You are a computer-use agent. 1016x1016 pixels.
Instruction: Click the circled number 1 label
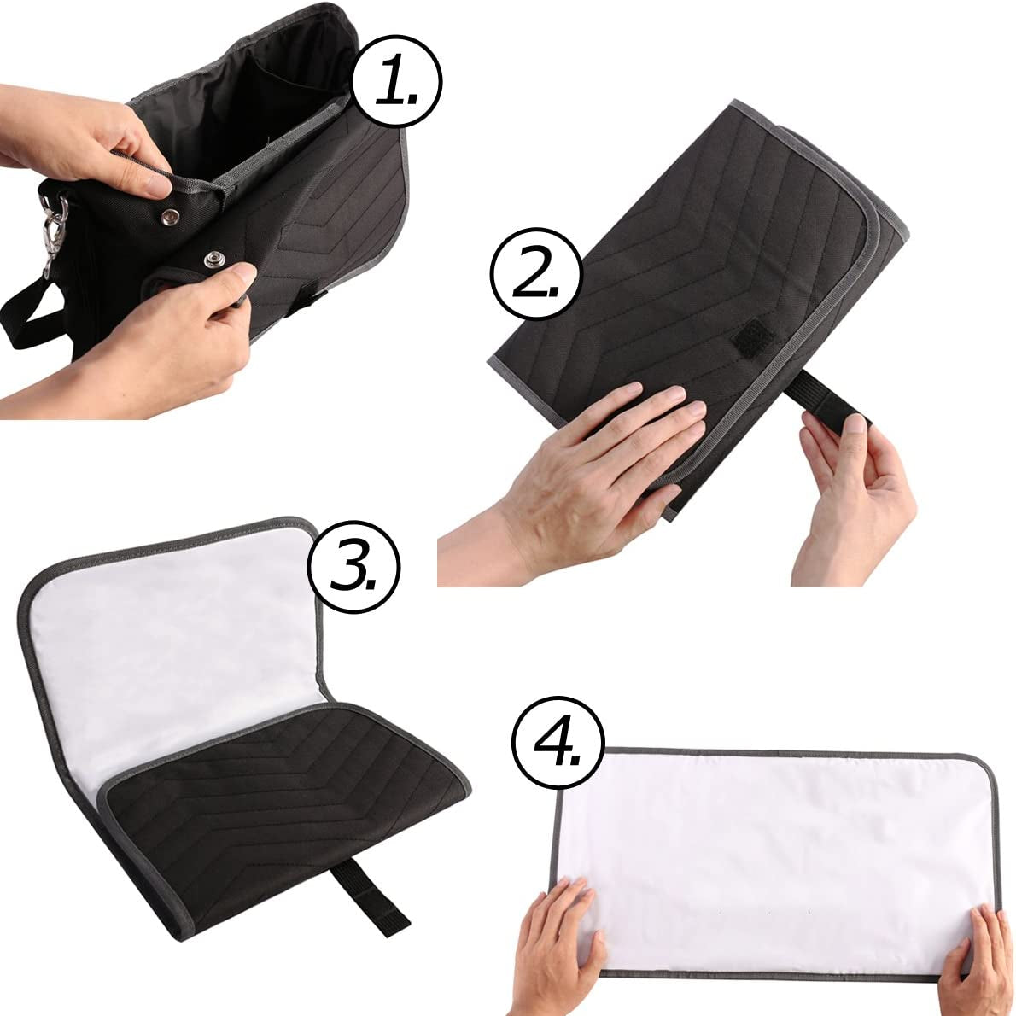[x=396, y=82]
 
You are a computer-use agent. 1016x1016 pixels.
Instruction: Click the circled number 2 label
[x=536, y=273]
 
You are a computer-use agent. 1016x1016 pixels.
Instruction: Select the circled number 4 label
[x=558, y=742]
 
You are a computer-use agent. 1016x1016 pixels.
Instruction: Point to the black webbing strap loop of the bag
[x=32, y=311]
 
